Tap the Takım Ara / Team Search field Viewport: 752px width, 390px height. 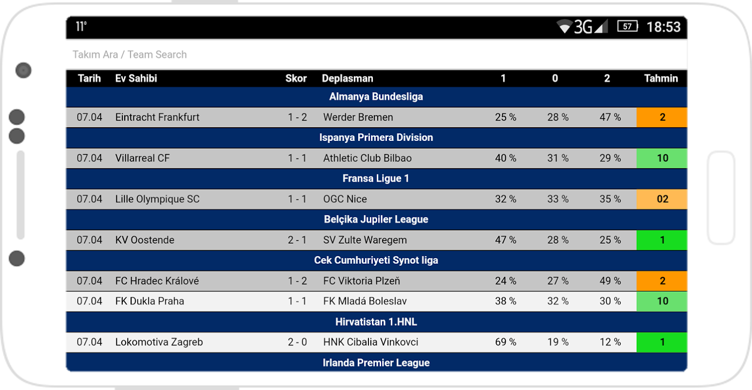[x=130, y=55]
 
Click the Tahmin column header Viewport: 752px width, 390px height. [x=661, y=78]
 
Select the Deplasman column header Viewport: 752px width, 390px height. [x=347, y=78]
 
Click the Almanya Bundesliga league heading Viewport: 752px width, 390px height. [x=376, y=97]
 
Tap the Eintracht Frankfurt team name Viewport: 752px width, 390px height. [x=157, y=117]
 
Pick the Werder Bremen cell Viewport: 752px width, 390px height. [x=358, y=117]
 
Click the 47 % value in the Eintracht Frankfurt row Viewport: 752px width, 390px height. [x=610, y=117]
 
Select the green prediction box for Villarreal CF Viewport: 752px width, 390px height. [x=662, y=158]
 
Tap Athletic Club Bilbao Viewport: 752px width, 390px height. [x=367, y=158]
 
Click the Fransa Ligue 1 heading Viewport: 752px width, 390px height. [x=376, y=178]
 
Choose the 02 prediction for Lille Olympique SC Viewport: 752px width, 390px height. [x=662, y=199]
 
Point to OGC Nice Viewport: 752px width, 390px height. [x=345, y=199]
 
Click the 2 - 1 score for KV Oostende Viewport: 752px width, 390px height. [x=297, y=240]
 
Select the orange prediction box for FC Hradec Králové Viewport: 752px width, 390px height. [x=662, y=281]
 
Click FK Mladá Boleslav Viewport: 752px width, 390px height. [x=365, y=301]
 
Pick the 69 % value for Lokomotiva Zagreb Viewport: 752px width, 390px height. [x=505, y=342]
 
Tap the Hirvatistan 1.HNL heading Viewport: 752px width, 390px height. [x=376, y=322]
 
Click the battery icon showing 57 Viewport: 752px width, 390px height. [x=628, y=26]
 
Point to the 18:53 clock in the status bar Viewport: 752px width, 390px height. [x=663, y=27]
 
